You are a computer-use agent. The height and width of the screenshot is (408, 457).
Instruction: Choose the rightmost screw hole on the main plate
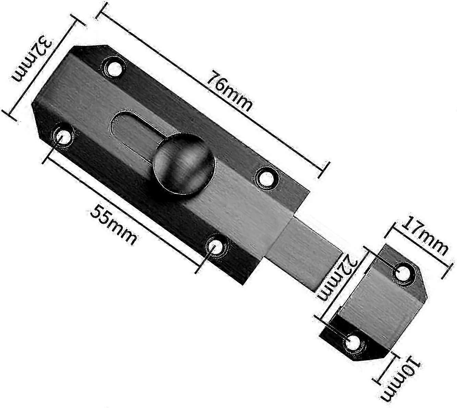[266, 177]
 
